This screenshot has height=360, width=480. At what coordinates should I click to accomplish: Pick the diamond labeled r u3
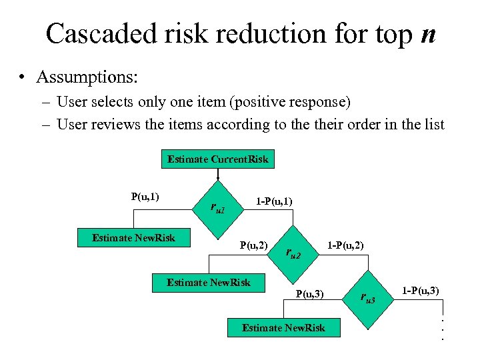pos(367,297)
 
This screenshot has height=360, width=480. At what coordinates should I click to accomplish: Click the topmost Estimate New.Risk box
pos(134,238)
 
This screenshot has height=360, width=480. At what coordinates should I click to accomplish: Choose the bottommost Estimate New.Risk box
pos(283,327)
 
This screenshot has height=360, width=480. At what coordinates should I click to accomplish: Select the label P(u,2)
pos(253,245)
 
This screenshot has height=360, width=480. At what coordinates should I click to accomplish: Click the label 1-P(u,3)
pos(419,290)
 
